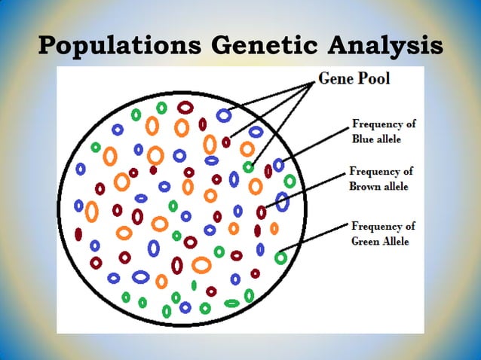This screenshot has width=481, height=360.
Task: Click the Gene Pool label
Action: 354,78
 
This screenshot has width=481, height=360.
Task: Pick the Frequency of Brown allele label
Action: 381,178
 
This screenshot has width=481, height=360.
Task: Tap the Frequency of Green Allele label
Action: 382,233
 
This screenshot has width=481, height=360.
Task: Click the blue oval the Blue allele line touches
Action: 279,164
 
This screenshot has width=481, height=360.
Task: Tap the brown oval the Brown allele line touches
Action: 262,212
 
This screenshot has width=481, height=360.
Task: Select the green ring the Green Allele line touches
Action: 280,258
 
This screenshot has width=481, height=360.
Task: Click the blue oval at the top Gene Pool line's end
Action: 223,115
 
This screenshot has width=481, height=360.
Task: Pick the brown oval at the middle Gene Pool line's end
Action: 226,142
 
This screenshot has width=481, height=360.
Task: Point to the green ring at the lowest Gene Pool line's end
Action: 248,166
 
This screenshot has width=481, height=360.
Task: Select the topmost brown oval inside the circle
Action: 185,108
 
